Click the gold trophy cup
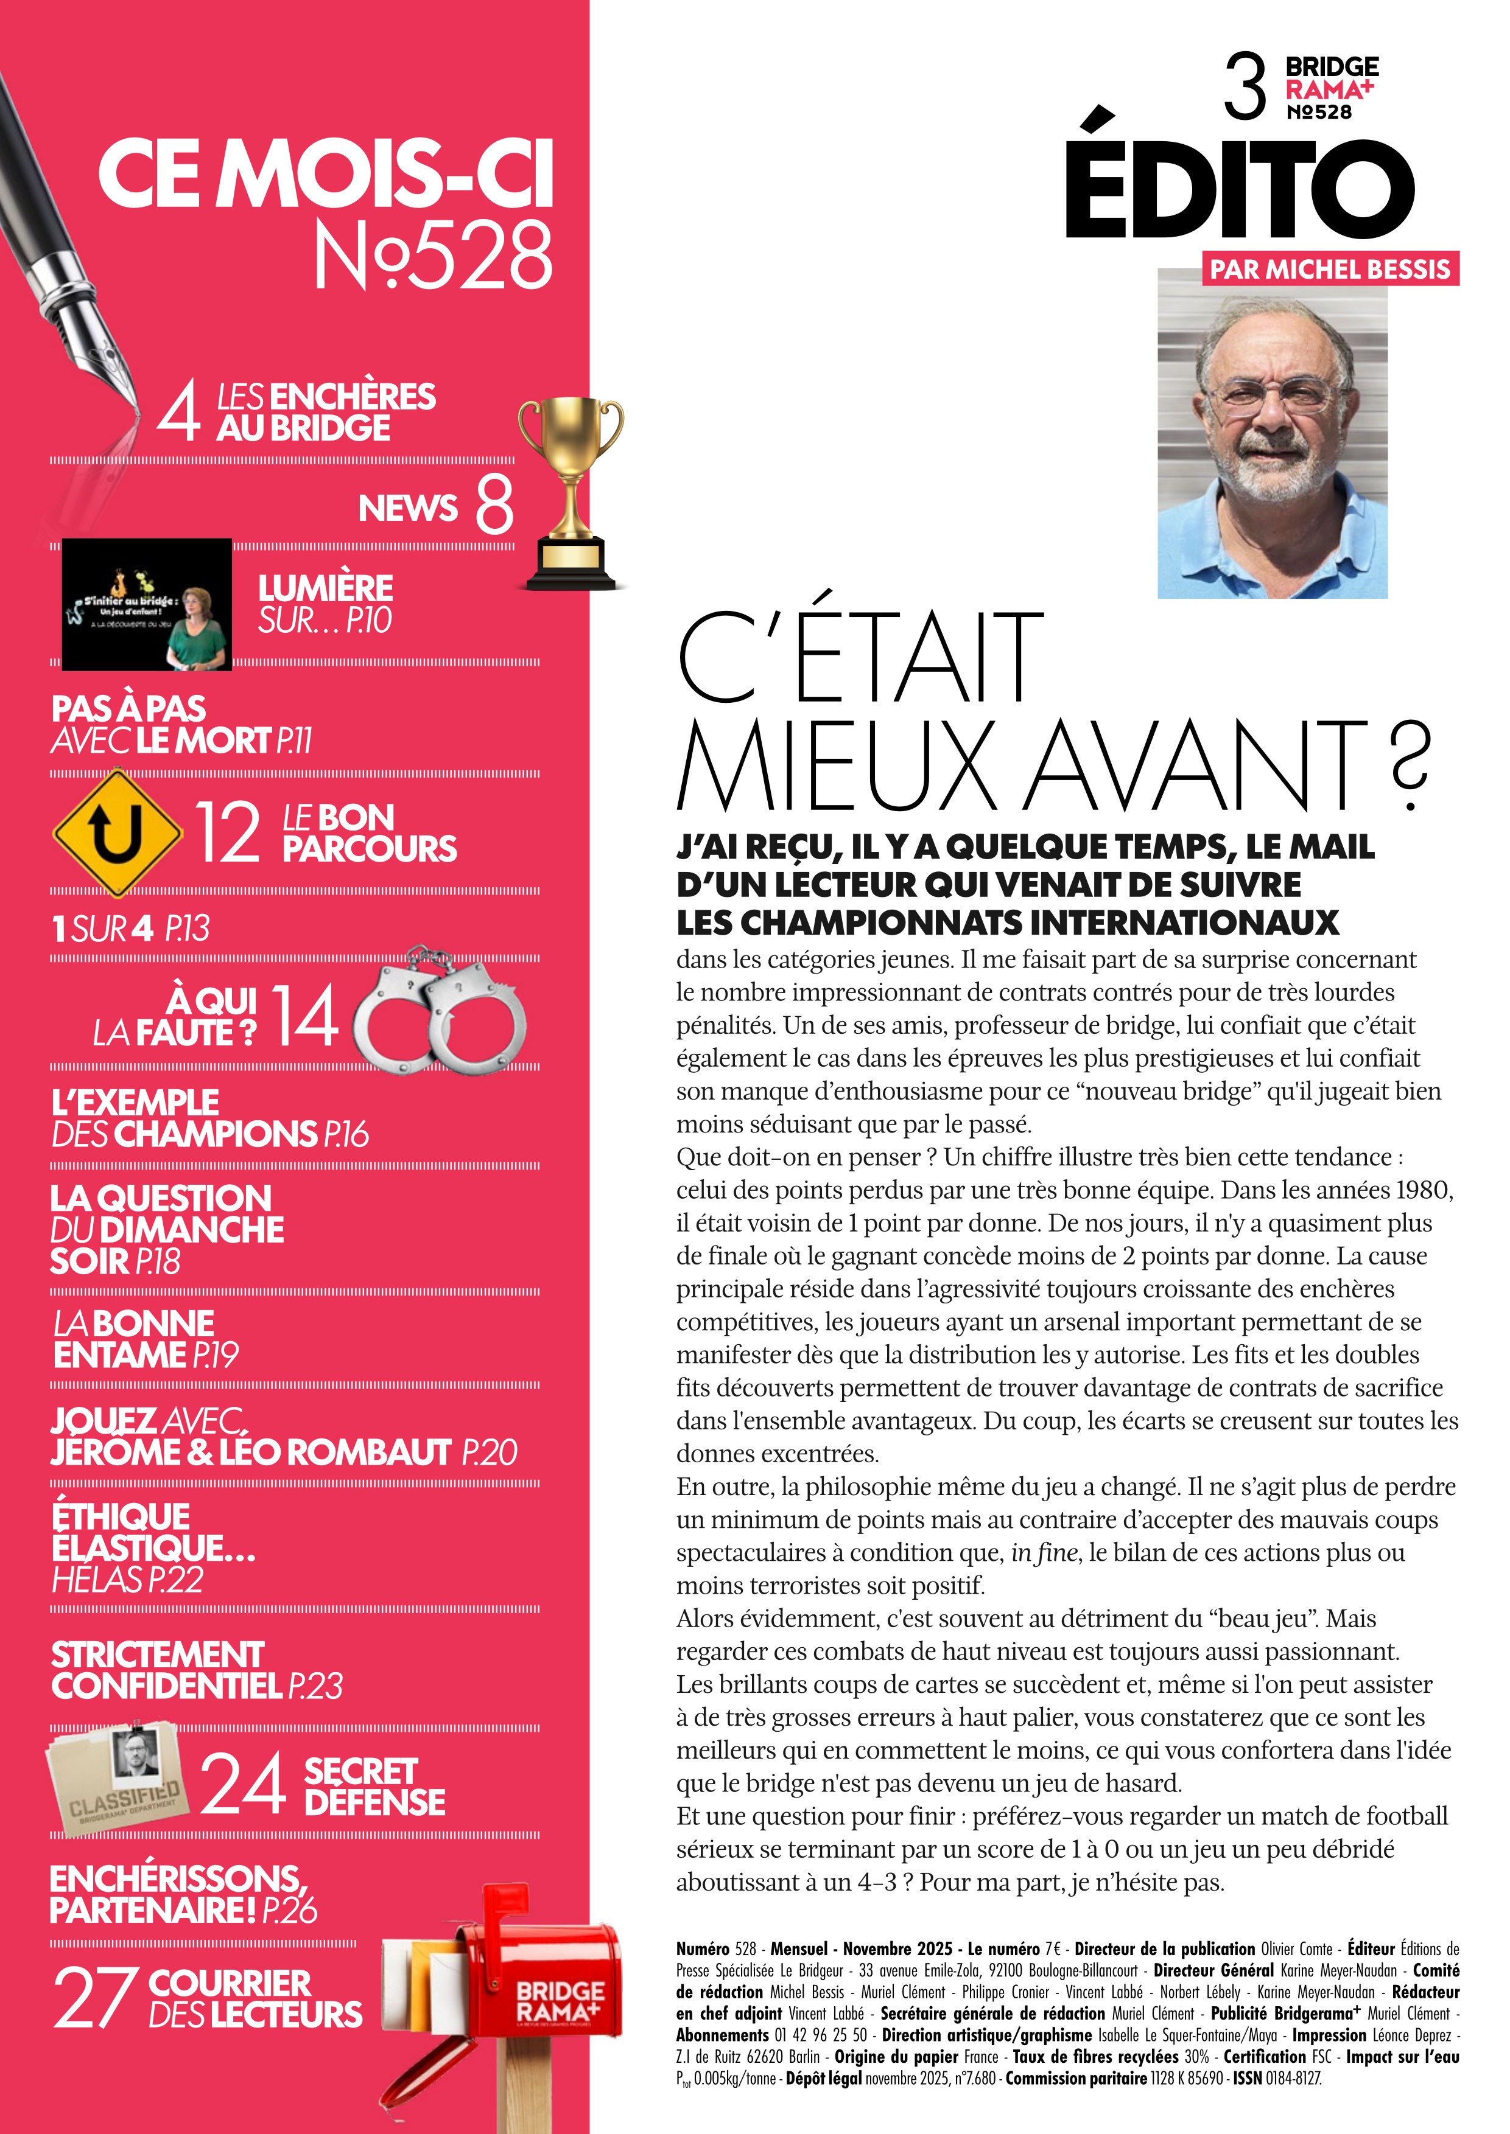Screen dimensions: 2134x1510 (569, 493)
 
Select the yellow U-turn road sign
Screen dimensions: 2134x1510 (117, 831)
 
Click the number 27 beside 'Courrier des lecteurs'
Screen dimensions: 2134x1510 (90, 1997)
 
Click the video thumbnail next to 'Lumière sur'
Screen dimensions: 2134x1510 (147, 604)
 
